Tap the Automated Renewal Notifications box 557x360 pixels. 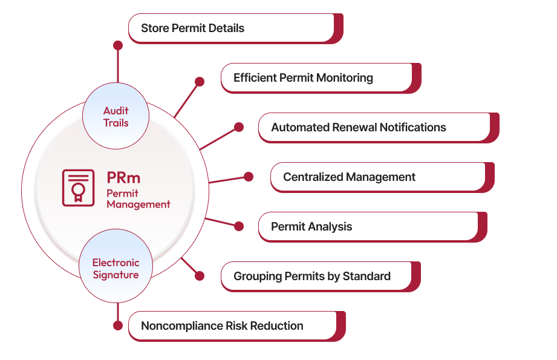[x=374, y=128]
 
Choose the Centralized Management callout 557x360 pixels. [x=378, y=177]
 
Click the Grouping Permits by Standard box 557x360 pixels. [x=316, y=277]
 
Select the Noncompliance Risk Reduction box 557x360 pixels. [x=232, y=326]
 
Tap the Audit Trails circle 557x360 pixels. [x=116, y=117]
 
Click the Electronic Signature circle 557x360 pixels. [x=116, y=269]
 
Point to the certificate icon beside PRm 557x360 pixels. [x=78, y=188]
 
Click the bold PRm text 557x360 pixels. [x=123, y=178]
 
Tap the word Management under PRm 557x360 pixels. [x=138, y=205]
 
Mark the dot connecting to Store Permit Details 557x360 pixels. [x=118, y=45]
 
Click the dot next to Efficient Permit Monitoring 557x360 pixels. [x=199, y=81]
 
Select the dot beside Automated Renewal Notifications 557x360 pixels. [x=239, y=127]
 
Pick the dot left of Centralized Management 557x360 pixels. [x=248, y=177]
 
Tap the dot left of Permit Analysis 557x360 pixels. [x=239, y=226]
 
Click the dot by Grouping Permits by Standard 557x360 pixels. [x=199, y=275]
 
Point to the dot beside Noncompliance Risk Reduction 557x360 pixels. [x=118, y=326]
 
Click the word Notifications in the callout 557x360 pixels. [x=413, y=128]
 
